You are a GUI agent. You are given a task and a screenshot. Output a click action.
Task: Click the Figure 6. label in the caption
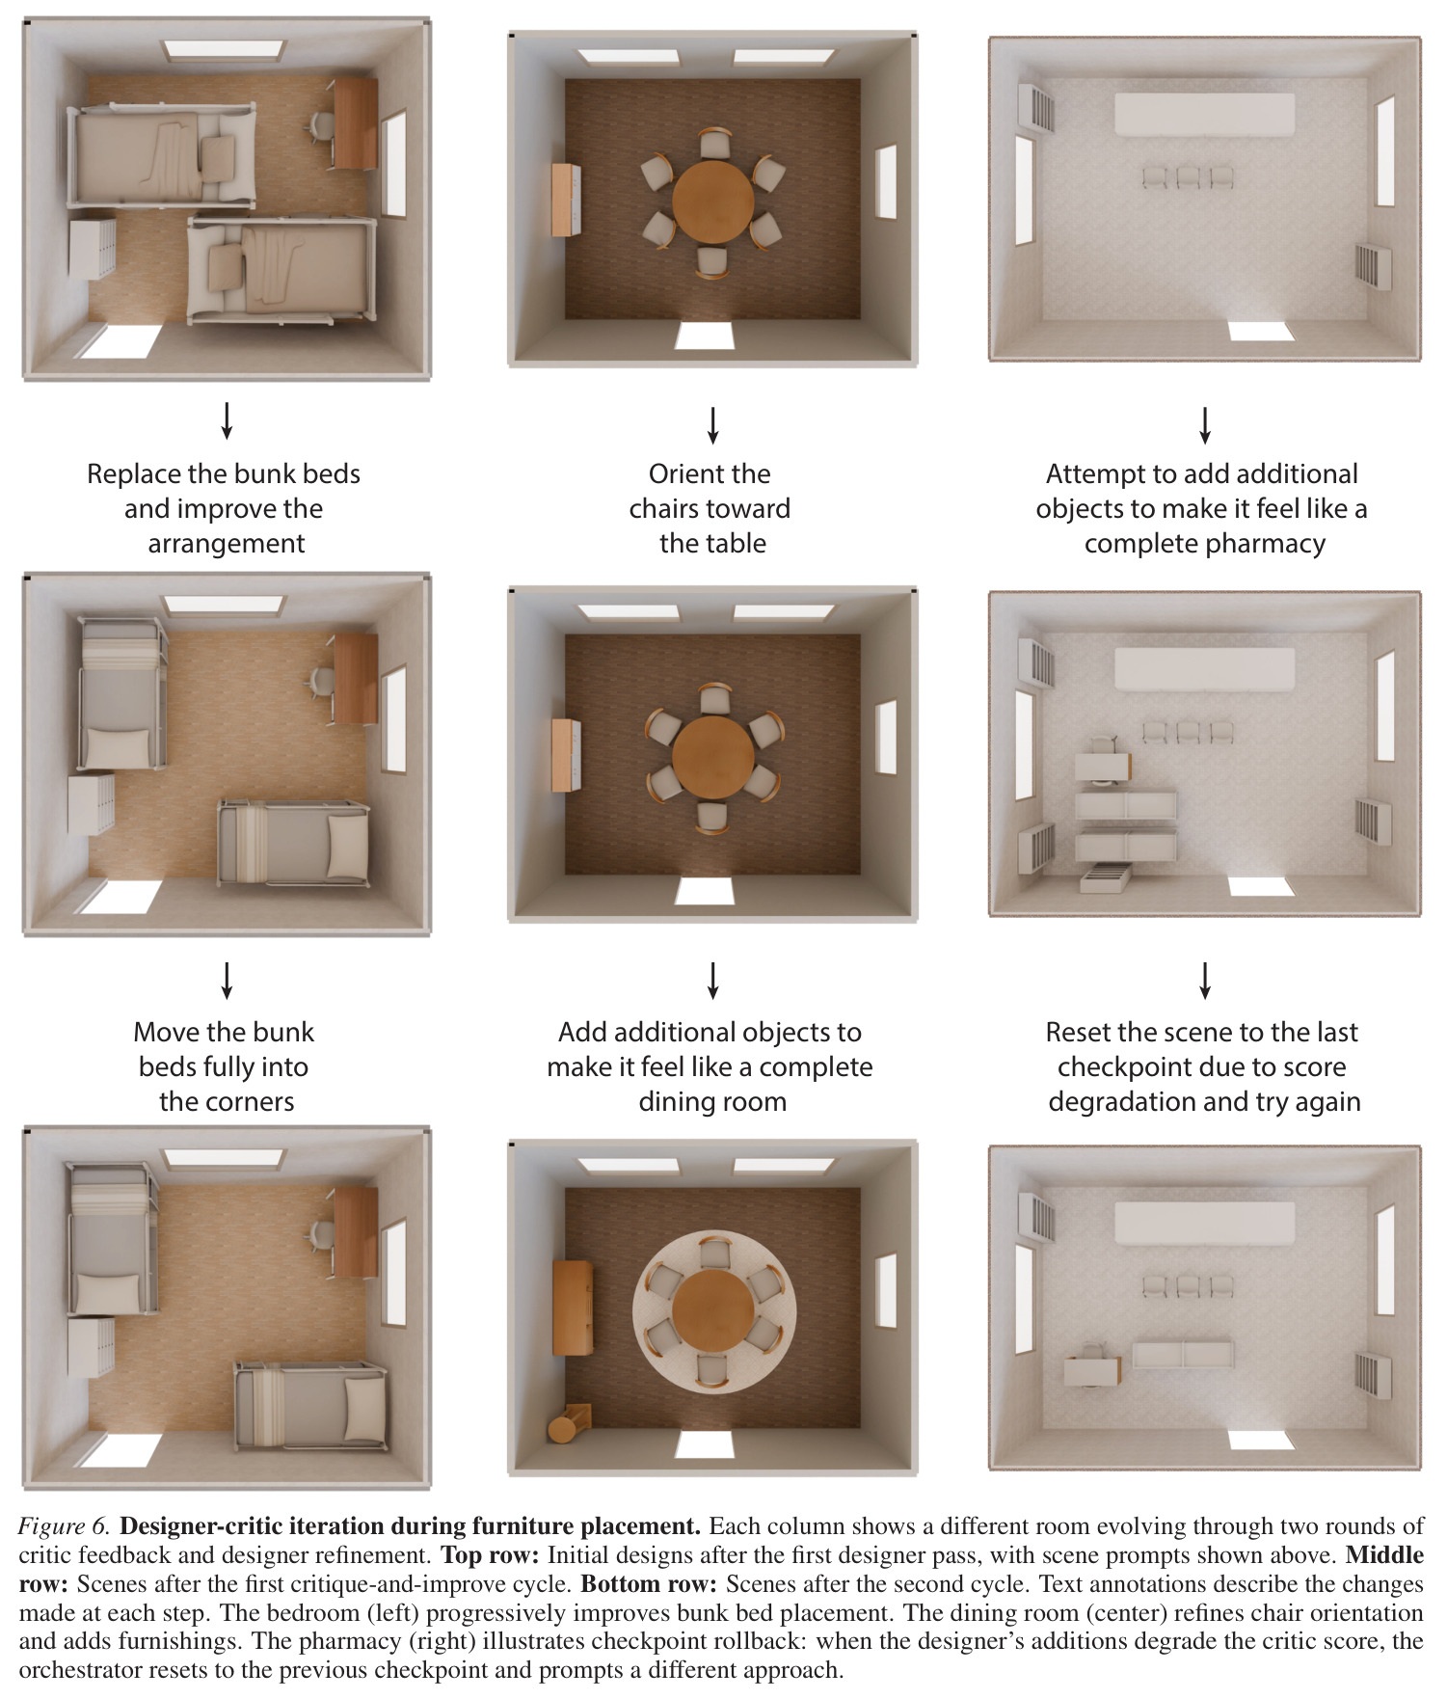[x=65, y=1525]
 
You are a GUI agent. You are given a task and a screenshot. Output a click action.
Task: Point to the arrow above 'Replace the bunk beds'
[x=227, y=420]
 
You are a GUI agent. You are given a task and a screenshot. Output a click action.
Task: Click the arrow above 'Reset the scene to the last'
[x=1204, y=980]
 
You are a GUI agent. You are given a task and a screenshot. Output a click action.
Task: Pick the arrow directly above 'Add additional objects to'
[x=712, y=980]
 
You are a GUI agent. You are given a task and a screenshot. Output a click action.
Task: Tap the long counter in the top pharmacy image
[x=1204, y=114]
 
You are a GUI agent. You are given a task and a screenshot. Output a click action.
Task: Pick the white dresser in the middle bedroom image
[x=91, y=803]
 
